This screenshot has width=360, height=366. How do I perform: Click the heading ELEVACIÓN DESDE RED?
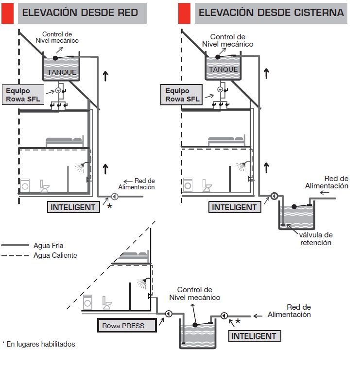[x=81, y=13]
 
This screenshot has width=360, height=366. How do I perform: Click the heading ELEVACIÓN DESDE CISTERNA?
[x=271, y=13]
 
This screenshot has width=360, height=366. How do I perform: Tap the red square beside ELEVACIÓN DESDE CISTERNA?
[x=185, y=13]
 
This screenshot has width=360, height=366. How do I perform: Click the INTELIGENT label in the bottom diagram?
[x=253, y=336]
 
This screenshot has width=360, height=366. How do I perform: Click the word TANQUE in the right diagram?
[x=223, y=69]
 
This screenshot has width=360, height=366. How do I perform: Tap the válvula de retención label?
[x=315, y=238]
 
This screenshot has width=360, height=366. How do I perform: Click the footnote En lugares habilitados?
[x=38, y=344]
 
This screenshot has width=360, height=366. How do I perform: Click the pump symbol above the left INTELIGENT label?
[x=114, y=197]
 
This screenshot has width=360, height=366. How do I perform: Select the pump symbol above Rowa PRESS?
[x=169, y=314]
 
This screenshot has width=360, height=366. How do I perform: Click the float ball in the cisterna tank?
[x=293, y=207]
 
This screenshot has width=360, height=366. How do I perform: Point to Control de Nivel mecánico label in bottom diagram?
[x=195, y=293]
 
